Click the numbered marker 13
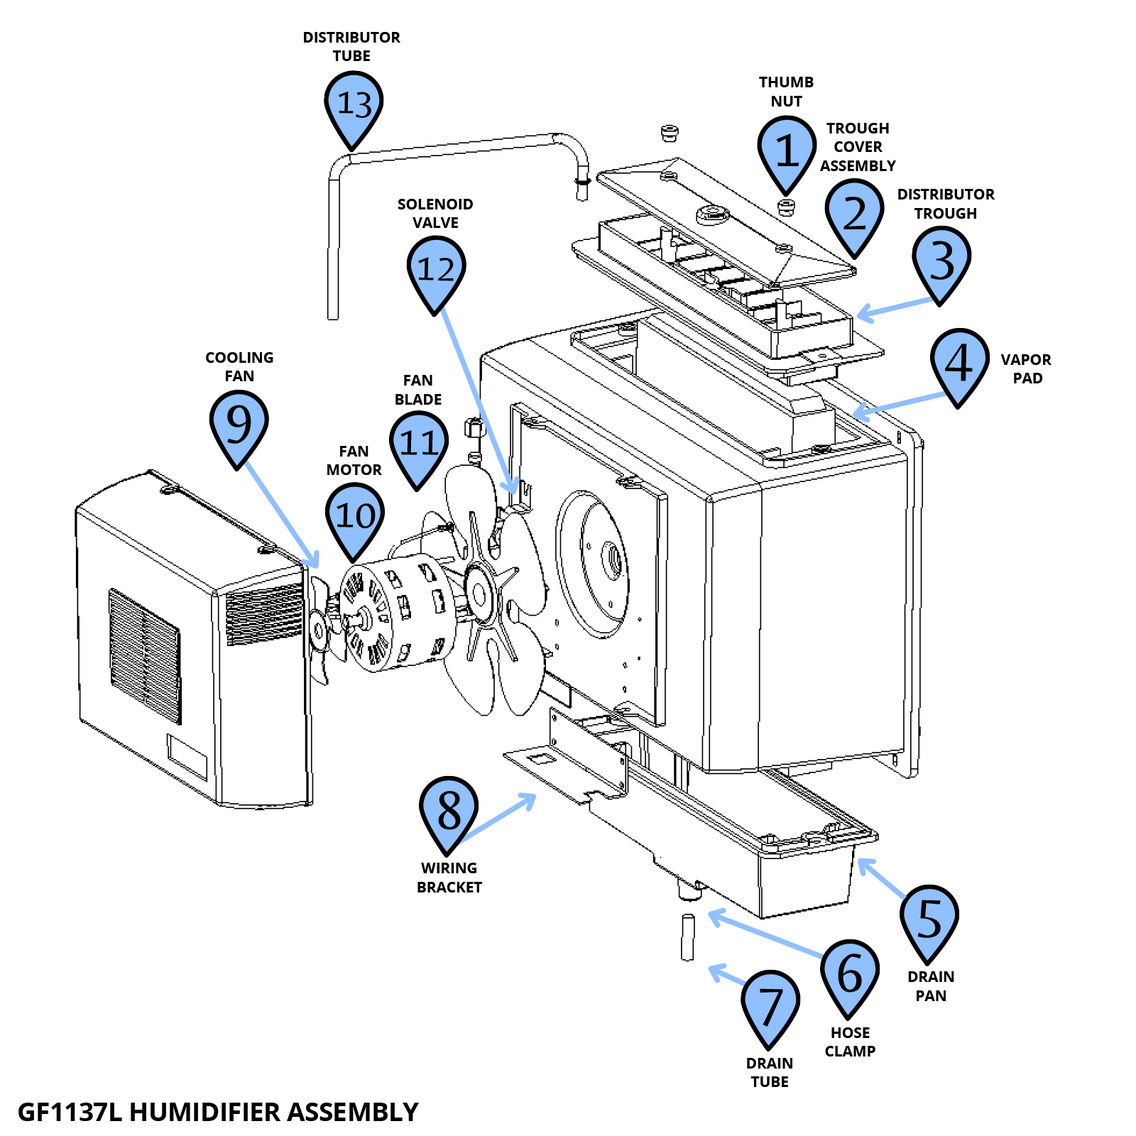click(x=354, y=105)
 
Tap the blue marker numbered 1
click(x=786, y=151)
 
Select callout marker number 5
click(x=929, y=919)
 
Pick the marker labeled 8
click(x=449, y=810)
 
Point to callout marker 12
click(x=436, y=270)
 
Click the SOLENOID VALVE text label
click(x=435, y=213)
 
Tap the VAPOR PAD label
click(x=1027, y=368)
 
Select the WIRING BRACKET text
click(x=449, y=878)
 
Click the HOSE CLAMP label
click(x=850, y=1042)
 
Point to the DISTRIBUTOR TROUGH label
click(x=945, y=204)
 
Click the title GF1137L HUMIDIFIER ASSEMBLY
click(x=218, y=1112)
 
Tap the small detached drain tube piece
click(x=687, y=937)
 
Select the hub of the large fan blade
click(x=478, y=595)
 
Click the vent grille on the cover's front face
click(x=144, y=655)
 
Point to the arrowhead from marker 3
click(x=861, y=314)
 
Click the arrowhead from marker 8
click(x=531, y=797)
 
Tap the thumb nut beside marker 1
click(x=785, y=207)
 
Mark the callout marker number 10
click(x=354, y=516)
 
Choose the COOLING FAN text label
click(x=239, y=366)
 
